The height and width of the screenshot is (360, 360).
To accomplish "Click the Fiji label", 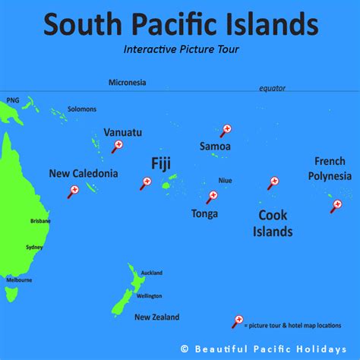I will [x=161, y=164].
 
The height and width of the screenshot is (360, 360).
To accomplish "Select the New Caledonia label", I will [x=84, y=173].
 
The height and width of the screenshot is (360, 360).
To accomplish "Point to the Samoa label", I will [x=215, y=146].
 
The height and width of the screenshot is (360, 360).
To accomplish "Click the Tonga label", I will [x=204, y=213].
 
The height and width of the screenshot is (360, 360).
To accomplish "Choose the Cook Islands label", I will [x=273, y=223].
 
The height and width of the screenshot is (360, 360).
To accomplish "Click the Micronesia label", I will [x=127, y=82].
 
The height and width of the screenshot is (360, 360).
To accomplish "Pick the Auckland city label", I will [x=151, y=272].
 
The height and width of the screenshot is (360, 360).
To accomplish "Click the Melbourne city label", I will [x=18, y=279].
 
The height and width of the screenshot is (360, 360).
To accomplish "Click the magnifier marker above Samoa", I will [x=225, y=131].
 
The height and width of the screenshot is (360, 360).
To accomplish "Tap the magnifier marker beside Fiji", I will [x=147, y=182].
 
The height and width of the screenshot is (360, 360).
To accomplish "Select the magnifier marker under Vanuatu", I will [x=117, y=146].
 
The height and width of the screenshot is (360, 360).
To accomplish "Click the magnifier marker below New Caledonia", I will [x=74, y=191].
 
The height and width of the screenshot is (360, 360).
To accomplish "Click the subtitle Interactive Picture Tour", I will [x=179, y=49].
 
